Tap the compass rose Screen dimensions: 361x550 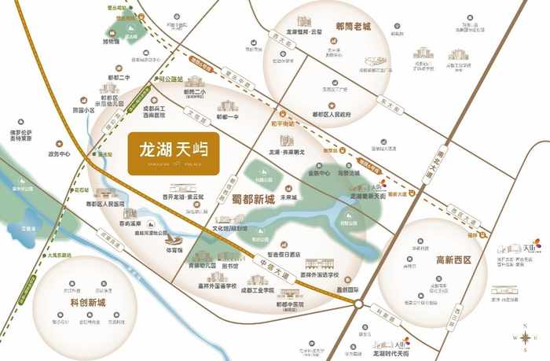[x=524, y=337]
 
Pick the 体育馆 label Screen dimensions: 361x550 [x=174, y=250]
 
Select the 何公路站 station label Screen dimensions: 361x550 [x=168, y=79]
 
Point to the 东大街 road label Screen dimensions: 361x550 [x=386, y=100]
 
